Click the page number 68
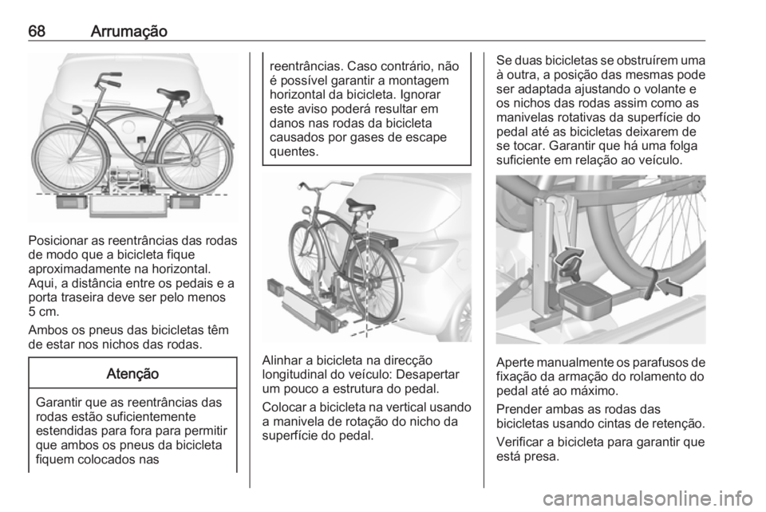37,32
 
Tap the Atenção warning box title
132,374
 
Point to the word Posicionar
57,241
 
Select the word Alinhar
282,361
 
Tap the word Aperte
513,363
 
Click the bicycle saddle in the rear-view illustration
173,93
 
